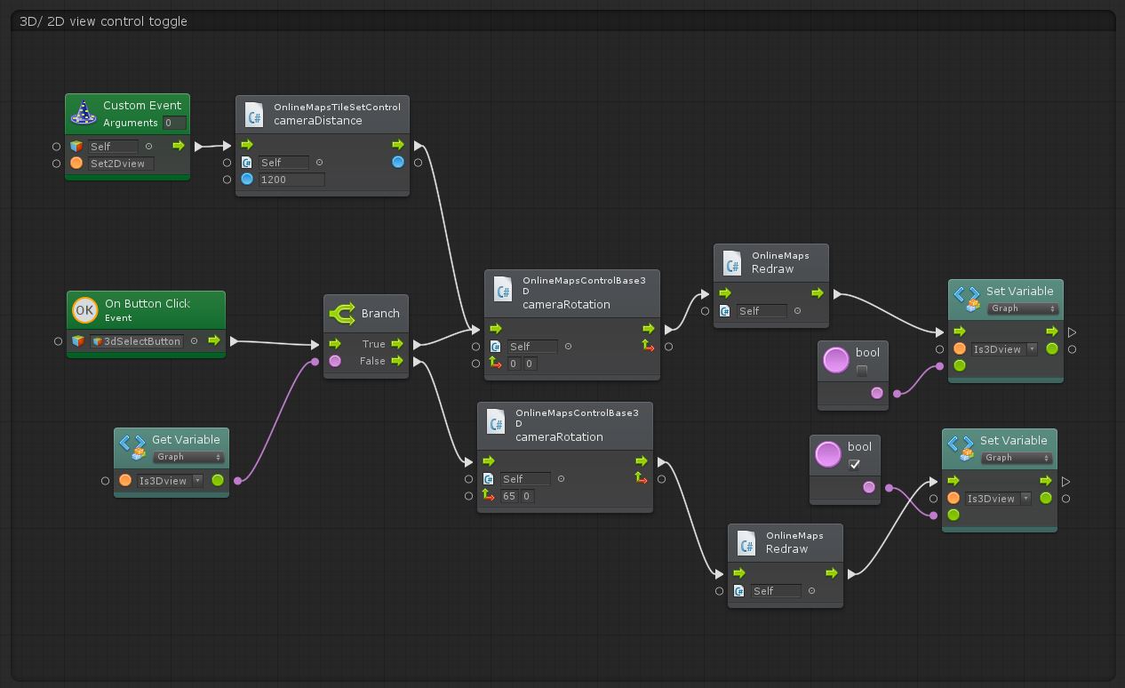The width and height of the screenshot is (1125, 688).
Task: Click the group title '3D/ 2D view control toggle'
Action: pos(103,21)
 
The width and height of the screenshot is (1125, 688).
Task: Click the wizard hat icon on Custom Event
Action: pos(84,112)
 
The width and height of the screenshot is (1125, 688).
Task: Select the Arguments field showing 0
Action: pos(174,123)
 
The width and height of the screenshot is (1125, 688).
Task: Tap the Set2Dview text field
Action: pos(121,164)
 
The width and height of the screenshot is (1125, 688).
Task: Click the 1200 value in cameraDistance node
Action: pos(291,180)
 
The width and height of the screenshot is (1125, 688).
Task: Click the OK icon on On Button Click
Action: pos(84,310)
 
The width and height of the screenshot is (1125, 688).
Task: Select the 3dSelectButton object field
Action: pos(137,341)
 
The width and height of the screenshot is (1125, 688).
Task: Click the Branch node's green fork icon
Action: pos(342,314)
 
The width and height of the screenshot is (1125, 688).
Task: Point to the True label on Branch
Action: pos(373,344)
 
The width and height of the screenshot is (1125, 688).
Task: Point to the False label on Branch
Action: pos(372,361)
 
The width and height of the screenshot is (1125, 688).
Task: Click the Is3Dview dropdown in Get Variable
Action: pos(170,480)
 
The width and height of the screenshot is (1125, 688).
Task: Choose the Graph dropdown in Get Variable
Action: pos(188,457)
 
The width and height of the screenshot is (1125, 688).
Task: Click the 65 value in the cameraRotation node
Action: pos(509,496)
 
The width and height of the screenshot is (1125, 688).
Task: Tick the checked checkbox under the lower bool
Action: pos(854,464)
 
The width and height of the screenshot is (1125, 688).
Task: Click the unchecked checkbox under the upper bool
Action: pos(862,371)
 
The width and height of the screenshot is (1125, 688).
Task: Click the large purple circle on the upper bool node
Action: pos(835,360)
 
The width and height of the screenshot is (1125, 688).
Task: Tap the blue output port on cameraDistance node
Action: pos(398,163)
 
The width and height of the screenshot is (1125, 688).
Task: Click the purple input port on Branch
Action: pos(335,361)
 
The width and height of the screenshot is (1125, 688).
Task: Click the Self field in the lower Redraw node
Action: pos(776,591)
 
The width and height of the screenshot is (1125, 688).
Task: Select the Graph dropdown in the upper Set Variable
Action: pos(1023,308)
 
